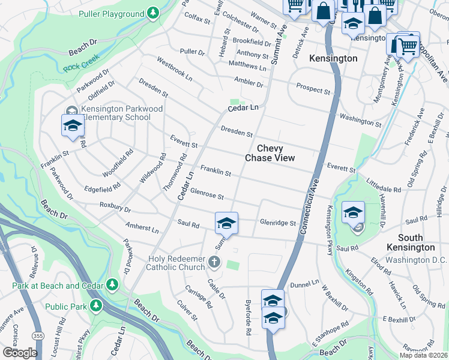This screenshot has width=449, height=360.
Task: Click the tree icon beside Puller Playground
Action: tap(154, 12)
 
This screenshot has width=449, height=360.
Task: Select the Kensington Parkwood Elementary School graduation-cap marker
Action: tap(73, 126)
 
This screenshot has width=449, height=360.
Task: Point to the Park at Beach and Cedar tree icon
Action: tap(112, 283)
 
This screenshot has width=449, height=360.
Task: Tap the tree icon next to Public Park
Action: tap(96, 307)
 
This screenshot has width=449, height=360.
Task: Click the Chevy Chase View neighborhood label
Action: tap(270, 153)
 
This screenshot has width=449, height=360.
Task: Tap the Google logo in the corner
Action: tap(20, 352)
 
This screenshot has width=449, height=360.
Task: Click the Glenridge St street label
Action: tap(278, 223)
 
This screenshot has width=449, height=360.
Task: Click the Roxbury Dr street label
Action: tap(115, 208)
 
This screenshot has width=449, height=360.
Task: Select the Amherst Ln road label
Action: tap(142, 229)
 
